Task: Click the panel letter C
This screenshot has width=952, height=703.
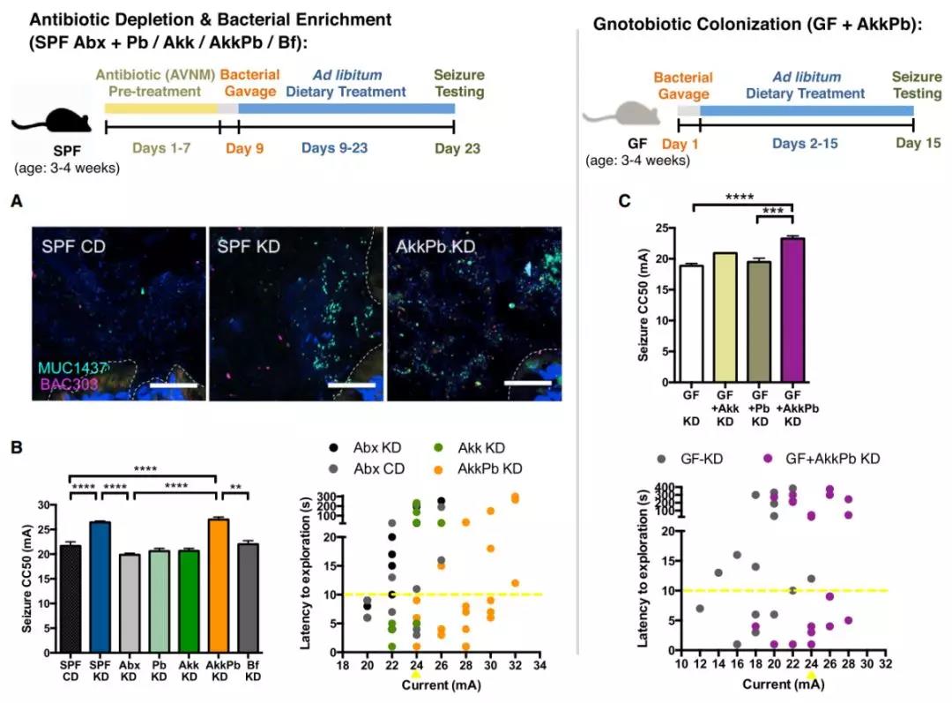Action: [x=624, y=201]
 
